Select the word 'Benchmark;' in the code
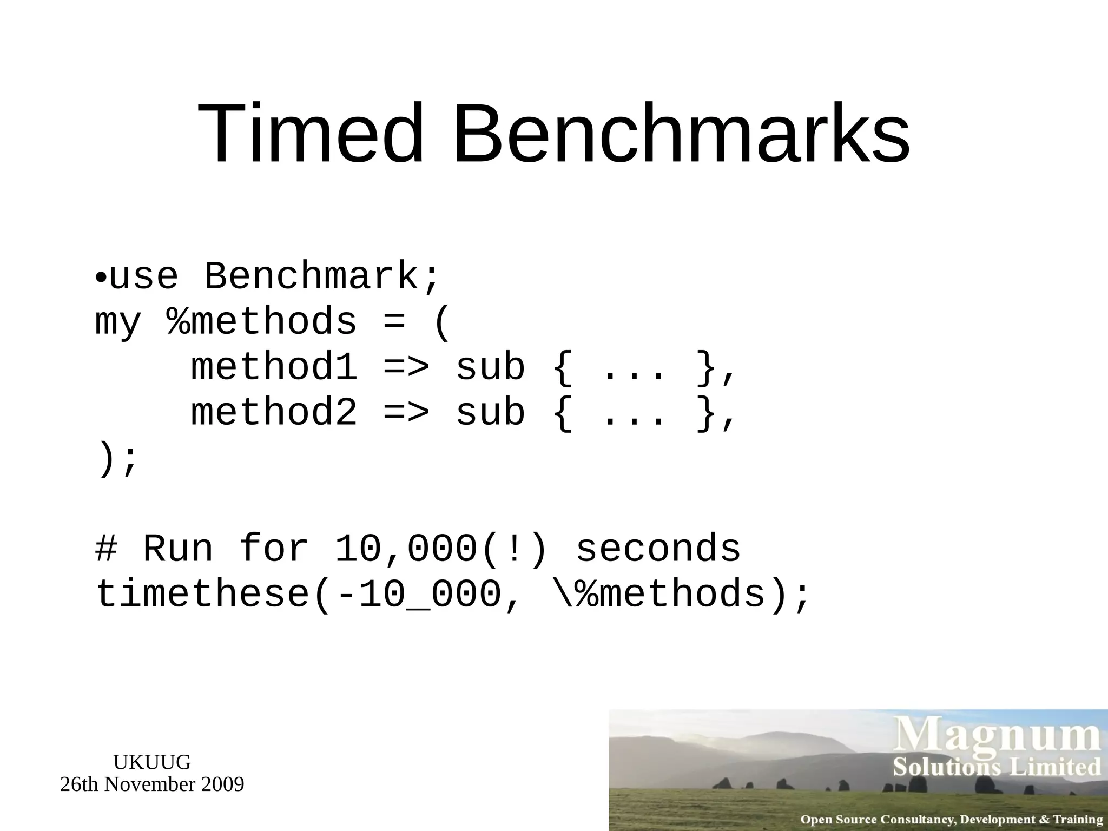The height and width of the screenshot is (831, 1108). (323, 276)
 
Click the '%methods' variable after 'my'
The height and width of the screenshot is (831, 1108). (262, 322)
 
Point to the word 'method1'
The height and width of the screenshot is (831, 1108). (274, 368)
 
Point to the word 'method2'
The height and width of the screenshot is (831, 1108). (274, 413)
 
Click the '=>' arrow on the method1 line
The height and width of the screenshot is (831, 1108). (406, 368)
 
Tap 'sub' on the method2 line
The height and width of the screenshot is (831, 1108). (491, 413)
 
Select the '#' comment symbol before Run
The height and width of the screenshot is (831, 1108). (106, 549)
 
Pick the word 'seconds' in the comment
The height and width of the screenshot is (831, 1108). (658, 549)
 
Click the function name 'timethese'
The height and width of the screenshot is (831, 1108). (202, 595)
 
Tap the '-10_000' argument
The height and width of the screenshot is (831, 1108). (419, 595)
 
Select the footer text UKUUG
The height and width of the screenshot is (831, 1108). (152, 762)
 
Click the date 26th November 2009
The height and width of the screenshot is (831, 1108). (152, 784)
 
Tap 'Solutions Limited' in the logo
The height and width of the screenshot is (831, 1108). (997, 768)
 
